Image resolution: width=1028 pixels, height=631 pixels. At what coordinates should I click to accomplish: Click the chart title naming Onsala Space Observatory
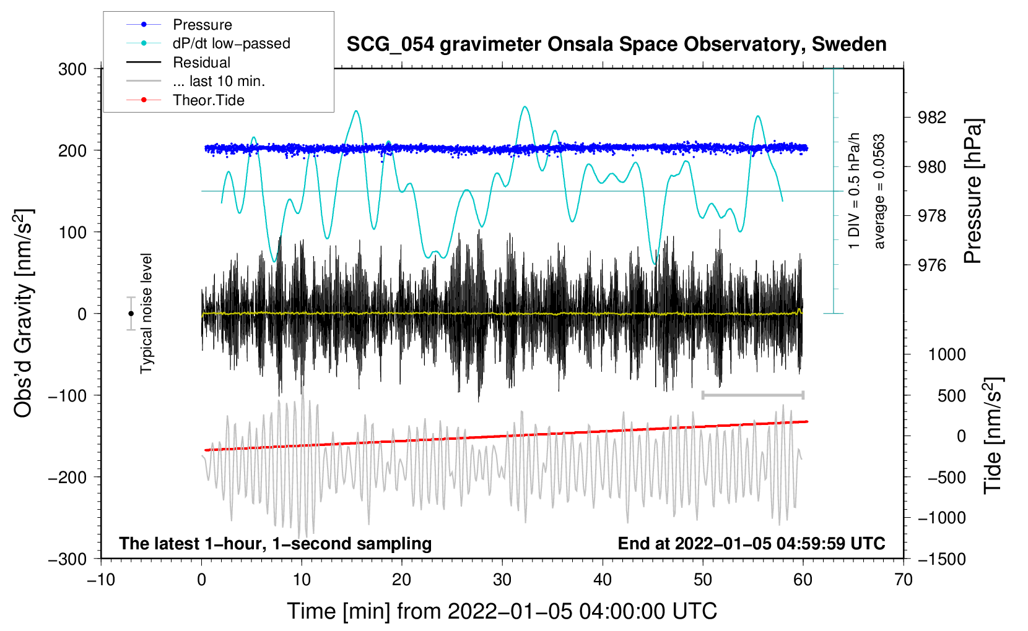[616, 45]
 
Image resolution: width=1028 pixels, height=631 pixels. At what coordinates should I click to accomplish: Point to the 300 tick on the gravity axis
[72, 69]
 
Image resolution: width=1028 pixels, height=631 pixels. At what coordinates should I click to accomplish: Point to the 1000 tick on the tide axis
[947, 354]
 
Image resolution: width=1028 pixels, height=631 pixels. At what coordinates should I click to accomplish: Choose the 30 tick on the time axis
[502, 580]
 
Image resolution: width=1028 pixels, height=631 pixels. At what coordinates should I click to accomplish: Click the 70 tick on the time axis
[904, 580]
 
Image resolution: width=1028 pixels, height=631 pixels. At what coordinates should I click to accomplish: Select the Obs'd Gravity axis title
[24, 313]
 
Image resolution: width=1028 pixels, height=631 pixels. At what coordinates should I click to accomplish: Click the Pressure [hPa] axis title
[973, 192]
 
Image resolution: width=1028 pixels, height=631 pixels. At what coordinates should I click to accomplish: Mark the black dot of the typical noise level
[131, 314]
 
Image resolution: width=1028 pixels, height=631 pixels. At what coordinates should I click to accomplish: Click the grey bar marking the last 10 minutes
[752, 395]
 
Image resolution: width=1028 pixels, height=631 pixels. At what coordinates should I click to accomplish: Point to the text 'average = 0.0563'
[879, 192]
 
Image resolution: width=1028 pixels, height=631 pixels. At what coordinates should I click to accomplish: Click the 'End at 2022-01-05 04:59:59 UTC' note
[751, 543]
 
